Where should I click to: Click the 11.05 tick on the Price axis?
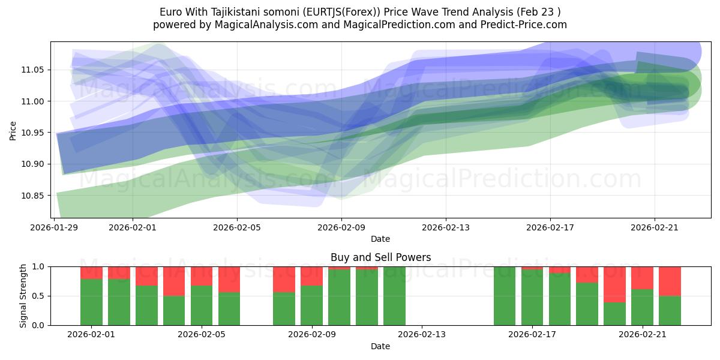(x=32, y=70)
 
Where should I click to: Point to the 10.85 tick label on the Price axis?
(x=32, y=196)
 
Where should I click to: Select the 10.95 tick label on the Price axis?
(x=32, y=133)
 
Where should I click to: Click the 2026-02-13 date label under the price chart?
(x=446, y=228)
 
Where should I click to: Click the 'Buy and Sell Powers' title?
(x=380, y=257)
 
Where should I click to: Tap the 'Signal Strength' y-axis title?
(x=23, y=296)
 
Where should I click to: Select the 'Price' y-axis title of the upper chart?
(x=13, y=130)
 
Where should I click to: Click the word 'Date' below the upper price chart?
(x=380, y=239)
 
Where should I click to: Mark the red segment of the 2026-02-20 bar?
(x=614, y=284)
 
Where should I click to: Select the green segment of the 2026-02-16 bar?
(x=505, y=296)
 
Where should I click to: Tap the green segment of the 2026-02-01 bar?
(x=91, y=302)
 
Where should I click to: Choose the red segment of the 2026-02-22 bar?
(x=670, y=281)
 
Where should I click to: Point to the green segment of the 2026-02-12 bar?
(x=394, y=296)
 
